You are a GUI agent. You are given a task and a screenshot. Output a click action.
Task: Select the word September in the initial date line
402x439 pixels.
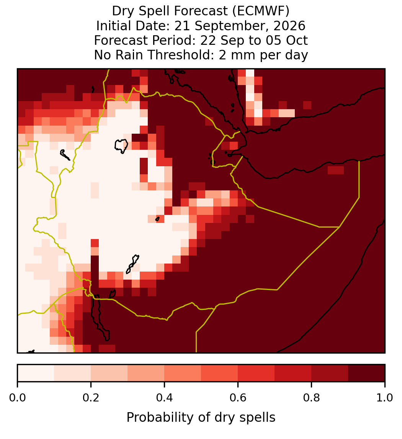[x=232, y=26]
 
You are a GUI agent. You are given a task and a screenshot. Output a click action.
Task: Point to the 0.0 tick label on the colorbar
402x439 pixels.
[x=17, y=398]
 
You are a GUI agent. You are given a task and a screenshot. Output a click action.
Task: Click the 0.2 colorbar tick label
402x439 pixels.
[x=91, y=398]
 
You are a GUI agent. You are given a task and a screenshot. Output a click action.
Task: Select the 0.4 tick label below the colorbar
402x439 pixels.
[x=165, y=398]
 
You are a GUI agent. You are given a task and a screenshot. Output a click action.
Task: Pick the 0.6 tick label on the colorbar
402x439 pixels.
[x=238, y=398]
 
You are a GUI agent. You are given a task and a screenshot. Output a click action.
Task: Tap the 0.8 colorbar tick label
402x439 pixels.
[x=312, y=398]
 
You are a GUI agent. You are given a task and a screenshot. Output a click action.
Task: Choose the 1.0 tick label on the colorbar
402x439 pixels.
[x=385, y=398]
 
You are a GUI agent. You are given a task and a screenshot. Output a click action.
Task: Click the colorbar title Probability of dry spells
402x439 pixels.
[x=201, y=418]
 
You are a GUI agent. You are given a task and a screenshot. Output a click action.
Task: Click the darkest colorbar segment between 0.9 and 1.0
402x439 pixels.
[x=367, y=373]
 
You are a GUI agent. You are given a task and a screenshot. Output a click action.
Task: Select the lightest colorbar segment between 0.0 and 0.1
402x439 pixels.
[x=36, y=373]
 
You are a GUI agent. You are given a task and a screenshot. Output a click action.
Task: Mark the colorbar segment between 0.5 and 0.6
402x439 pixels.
[x=220, y=373]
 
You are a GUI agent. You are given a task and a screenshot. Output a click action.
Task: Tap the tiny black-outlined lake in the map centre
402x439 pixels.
[x=157, y=219]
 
